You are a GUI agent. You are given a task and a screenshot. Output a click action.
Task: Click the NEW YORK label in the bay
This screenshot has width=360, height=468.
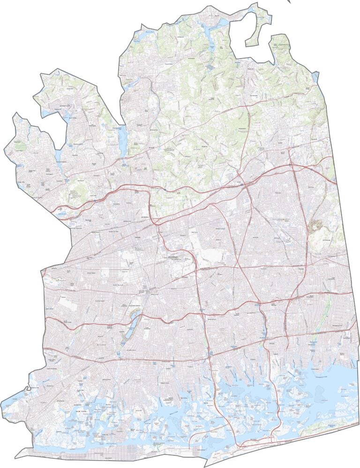pos(82,411)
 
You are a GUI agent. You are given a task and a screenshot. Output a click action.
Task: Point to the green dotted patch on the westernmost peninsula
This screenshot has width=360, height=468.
pos(20,146)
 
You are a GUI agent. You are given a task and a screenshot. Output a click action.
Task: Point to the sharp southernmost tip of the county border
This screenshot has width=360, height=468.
pos(205,466)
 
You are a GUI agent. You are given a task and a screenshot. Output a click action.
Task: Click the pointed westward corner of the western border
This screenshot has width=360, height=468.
pos(42,271)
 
